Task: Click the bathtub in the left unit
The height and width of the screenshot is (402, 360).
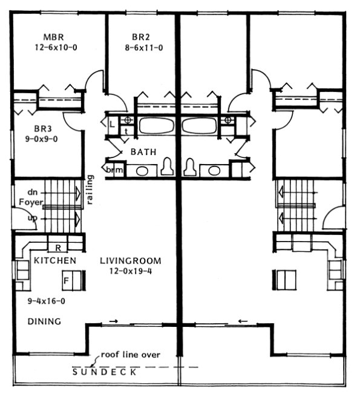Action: tap(155, 126)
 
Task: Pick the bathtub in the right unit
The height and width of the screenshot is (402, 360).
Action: tap(200, 126)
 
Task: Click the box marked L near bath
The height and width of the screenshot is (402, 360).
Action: tap(113, 122)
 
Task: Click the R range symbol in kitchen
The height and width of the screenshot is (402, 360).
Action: tap(57, 248)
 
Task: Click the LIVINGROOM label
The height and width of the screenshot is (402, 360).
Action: tap(131, 260)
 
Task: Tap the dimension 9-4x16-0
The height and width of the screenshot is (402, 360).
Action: tap(45, 300)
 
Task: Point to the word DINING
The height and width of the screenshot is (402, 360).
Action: tap(45, 321)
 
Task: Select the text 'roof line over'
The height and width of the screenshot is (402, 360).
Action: tap(130, 354)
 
